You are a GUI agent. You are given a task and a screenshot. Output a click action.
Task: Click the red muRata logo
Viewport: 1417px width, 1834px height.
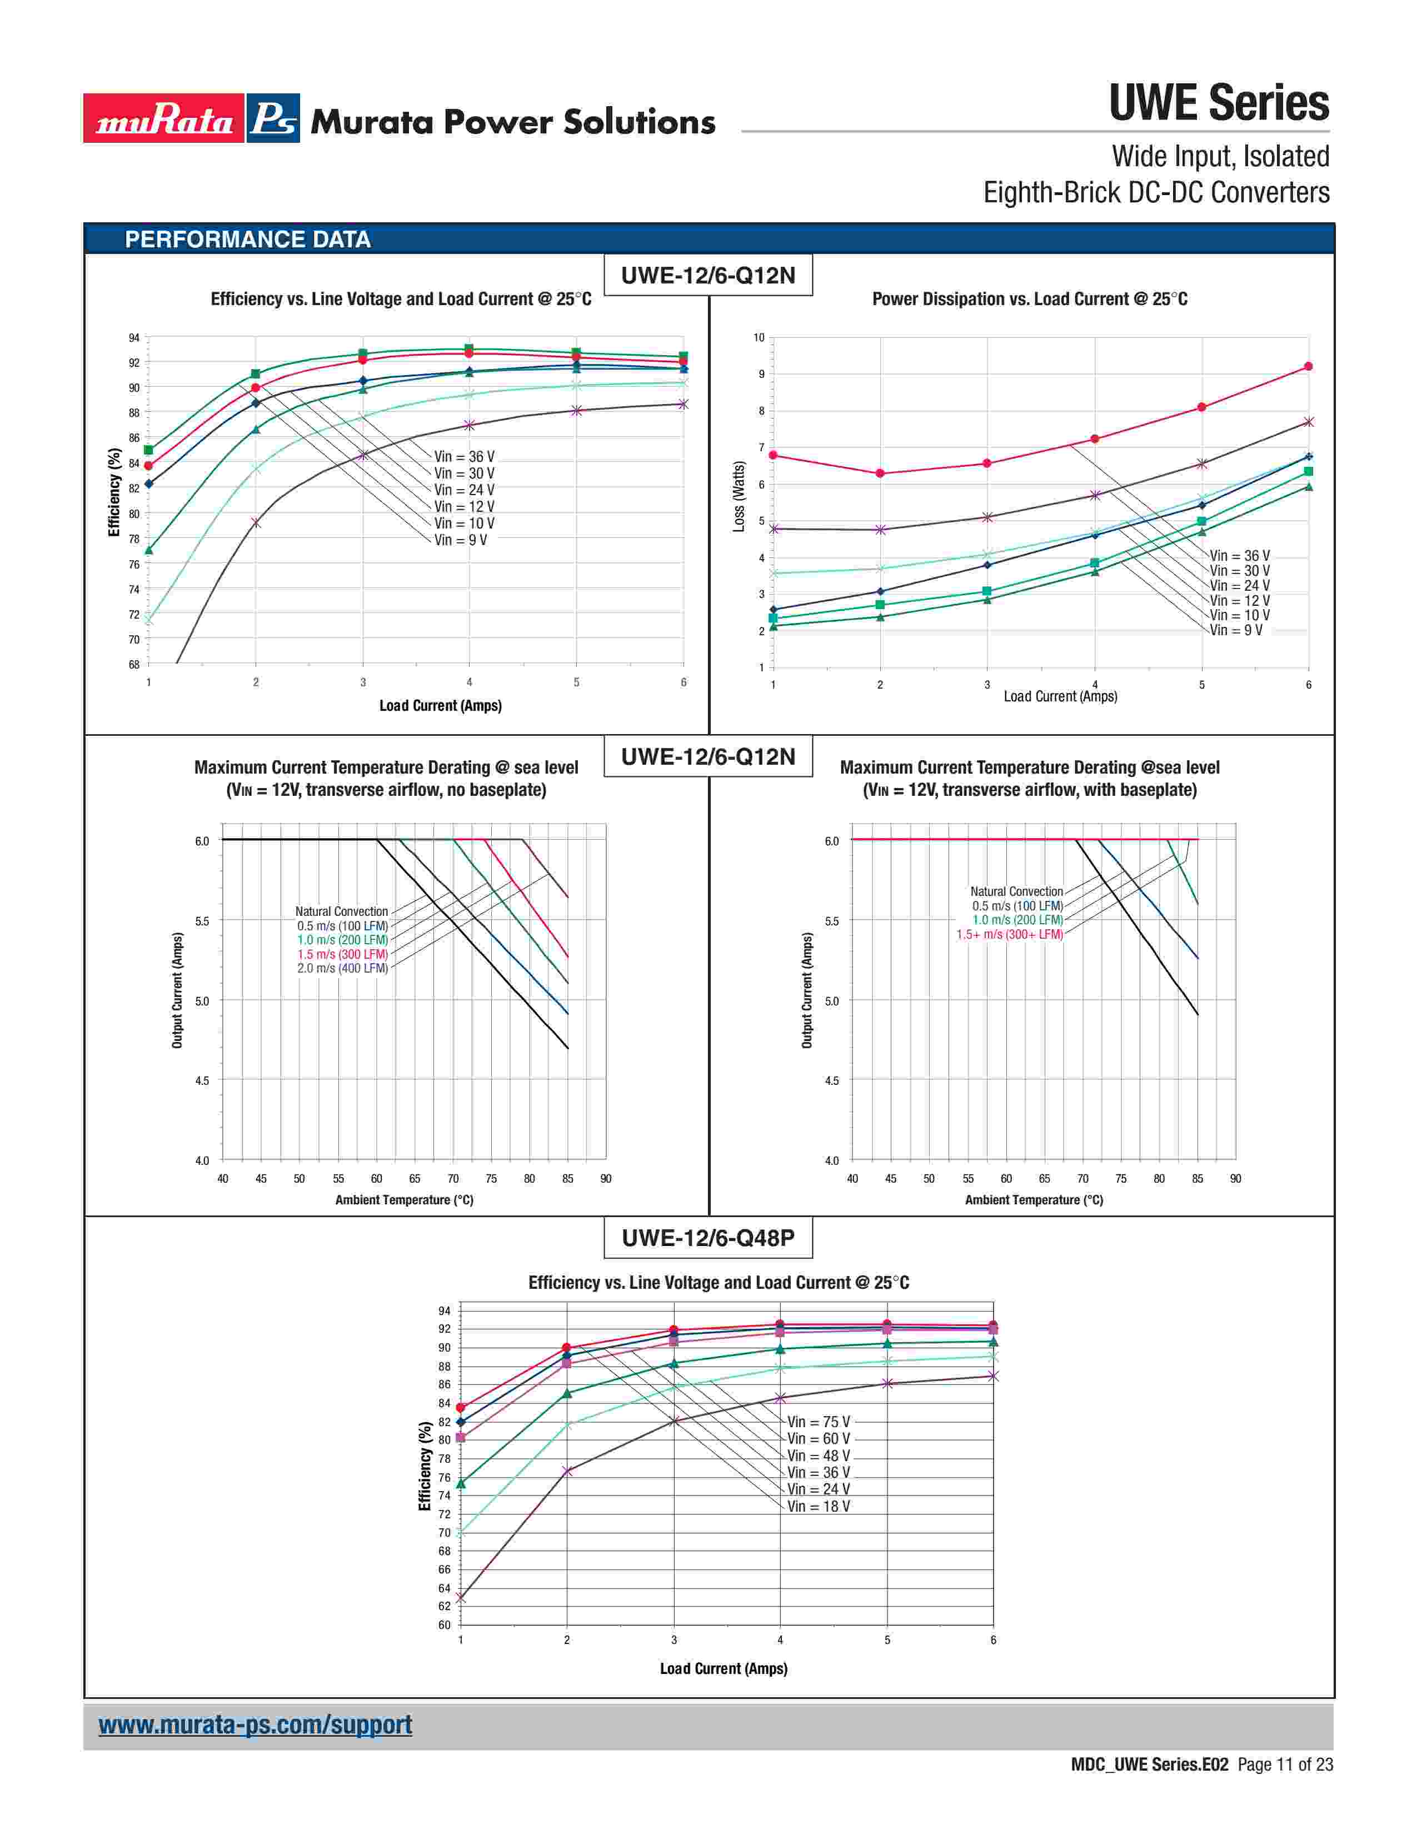click(164, 118)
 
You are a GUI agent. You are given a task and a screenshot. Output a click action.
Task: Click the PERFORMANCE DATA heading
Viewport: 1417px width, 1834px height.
click(248, 240)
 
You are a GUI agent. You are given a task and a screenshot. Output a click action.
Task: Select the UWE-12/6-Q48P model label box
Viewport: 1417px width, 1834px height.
click(707, 1238)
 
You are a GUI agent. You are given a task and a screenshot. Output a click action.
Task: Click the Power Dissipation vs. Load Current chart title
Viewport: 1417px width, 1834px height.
click(1029, 299)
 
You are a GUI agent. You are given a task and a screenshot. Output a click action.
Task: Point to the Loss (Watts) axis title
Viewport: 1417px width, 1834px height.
click(739, 495)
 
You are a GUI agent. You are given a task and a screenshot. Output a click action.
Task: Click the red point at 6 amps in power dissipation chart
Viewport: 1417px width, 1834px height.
click(1308, 366)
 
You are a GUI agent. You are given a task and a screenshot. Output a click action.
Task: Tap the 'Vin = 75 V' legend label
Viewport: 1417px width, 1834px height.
click(819, 1422)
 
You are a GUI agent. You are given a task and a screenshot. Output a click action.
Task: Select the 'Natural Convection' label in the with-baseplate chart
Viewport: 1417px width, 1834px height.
click(1016, 891)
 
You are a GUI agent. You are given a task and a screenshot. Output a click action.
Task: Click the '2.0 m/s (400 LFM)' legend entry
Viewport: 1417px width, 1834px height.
click(342, 968)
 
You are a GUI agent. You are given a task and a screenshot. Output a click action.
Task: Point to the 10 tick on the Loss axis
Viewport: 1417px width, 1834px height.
click(759, 337)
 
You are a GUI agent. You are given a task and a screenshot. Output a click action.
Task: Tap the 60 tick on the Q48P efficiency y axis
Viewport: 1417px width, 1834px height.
click(444, 1625)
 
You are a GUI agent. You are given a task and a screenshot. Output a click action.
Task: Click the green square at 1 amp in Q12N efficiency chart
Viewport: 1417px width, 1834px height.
click(148, 450)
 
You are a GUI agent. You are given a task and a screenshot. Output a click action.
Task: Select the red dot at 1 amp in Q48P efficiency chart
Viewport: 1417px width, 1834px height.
click(460, 1407)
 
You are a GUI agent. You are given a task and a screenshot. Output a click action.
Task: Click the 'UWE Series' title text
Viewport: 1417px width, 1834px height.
click(1219, 103)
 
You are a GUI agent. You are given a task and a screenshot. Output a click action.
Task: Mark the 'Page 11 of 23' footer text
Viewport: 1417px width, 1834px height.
click(1285, 1765)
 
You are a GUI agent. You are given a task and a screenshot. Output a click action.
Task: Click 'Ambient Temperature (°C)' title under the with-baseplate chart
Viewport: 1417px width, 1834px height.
click(1034, 1200)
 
